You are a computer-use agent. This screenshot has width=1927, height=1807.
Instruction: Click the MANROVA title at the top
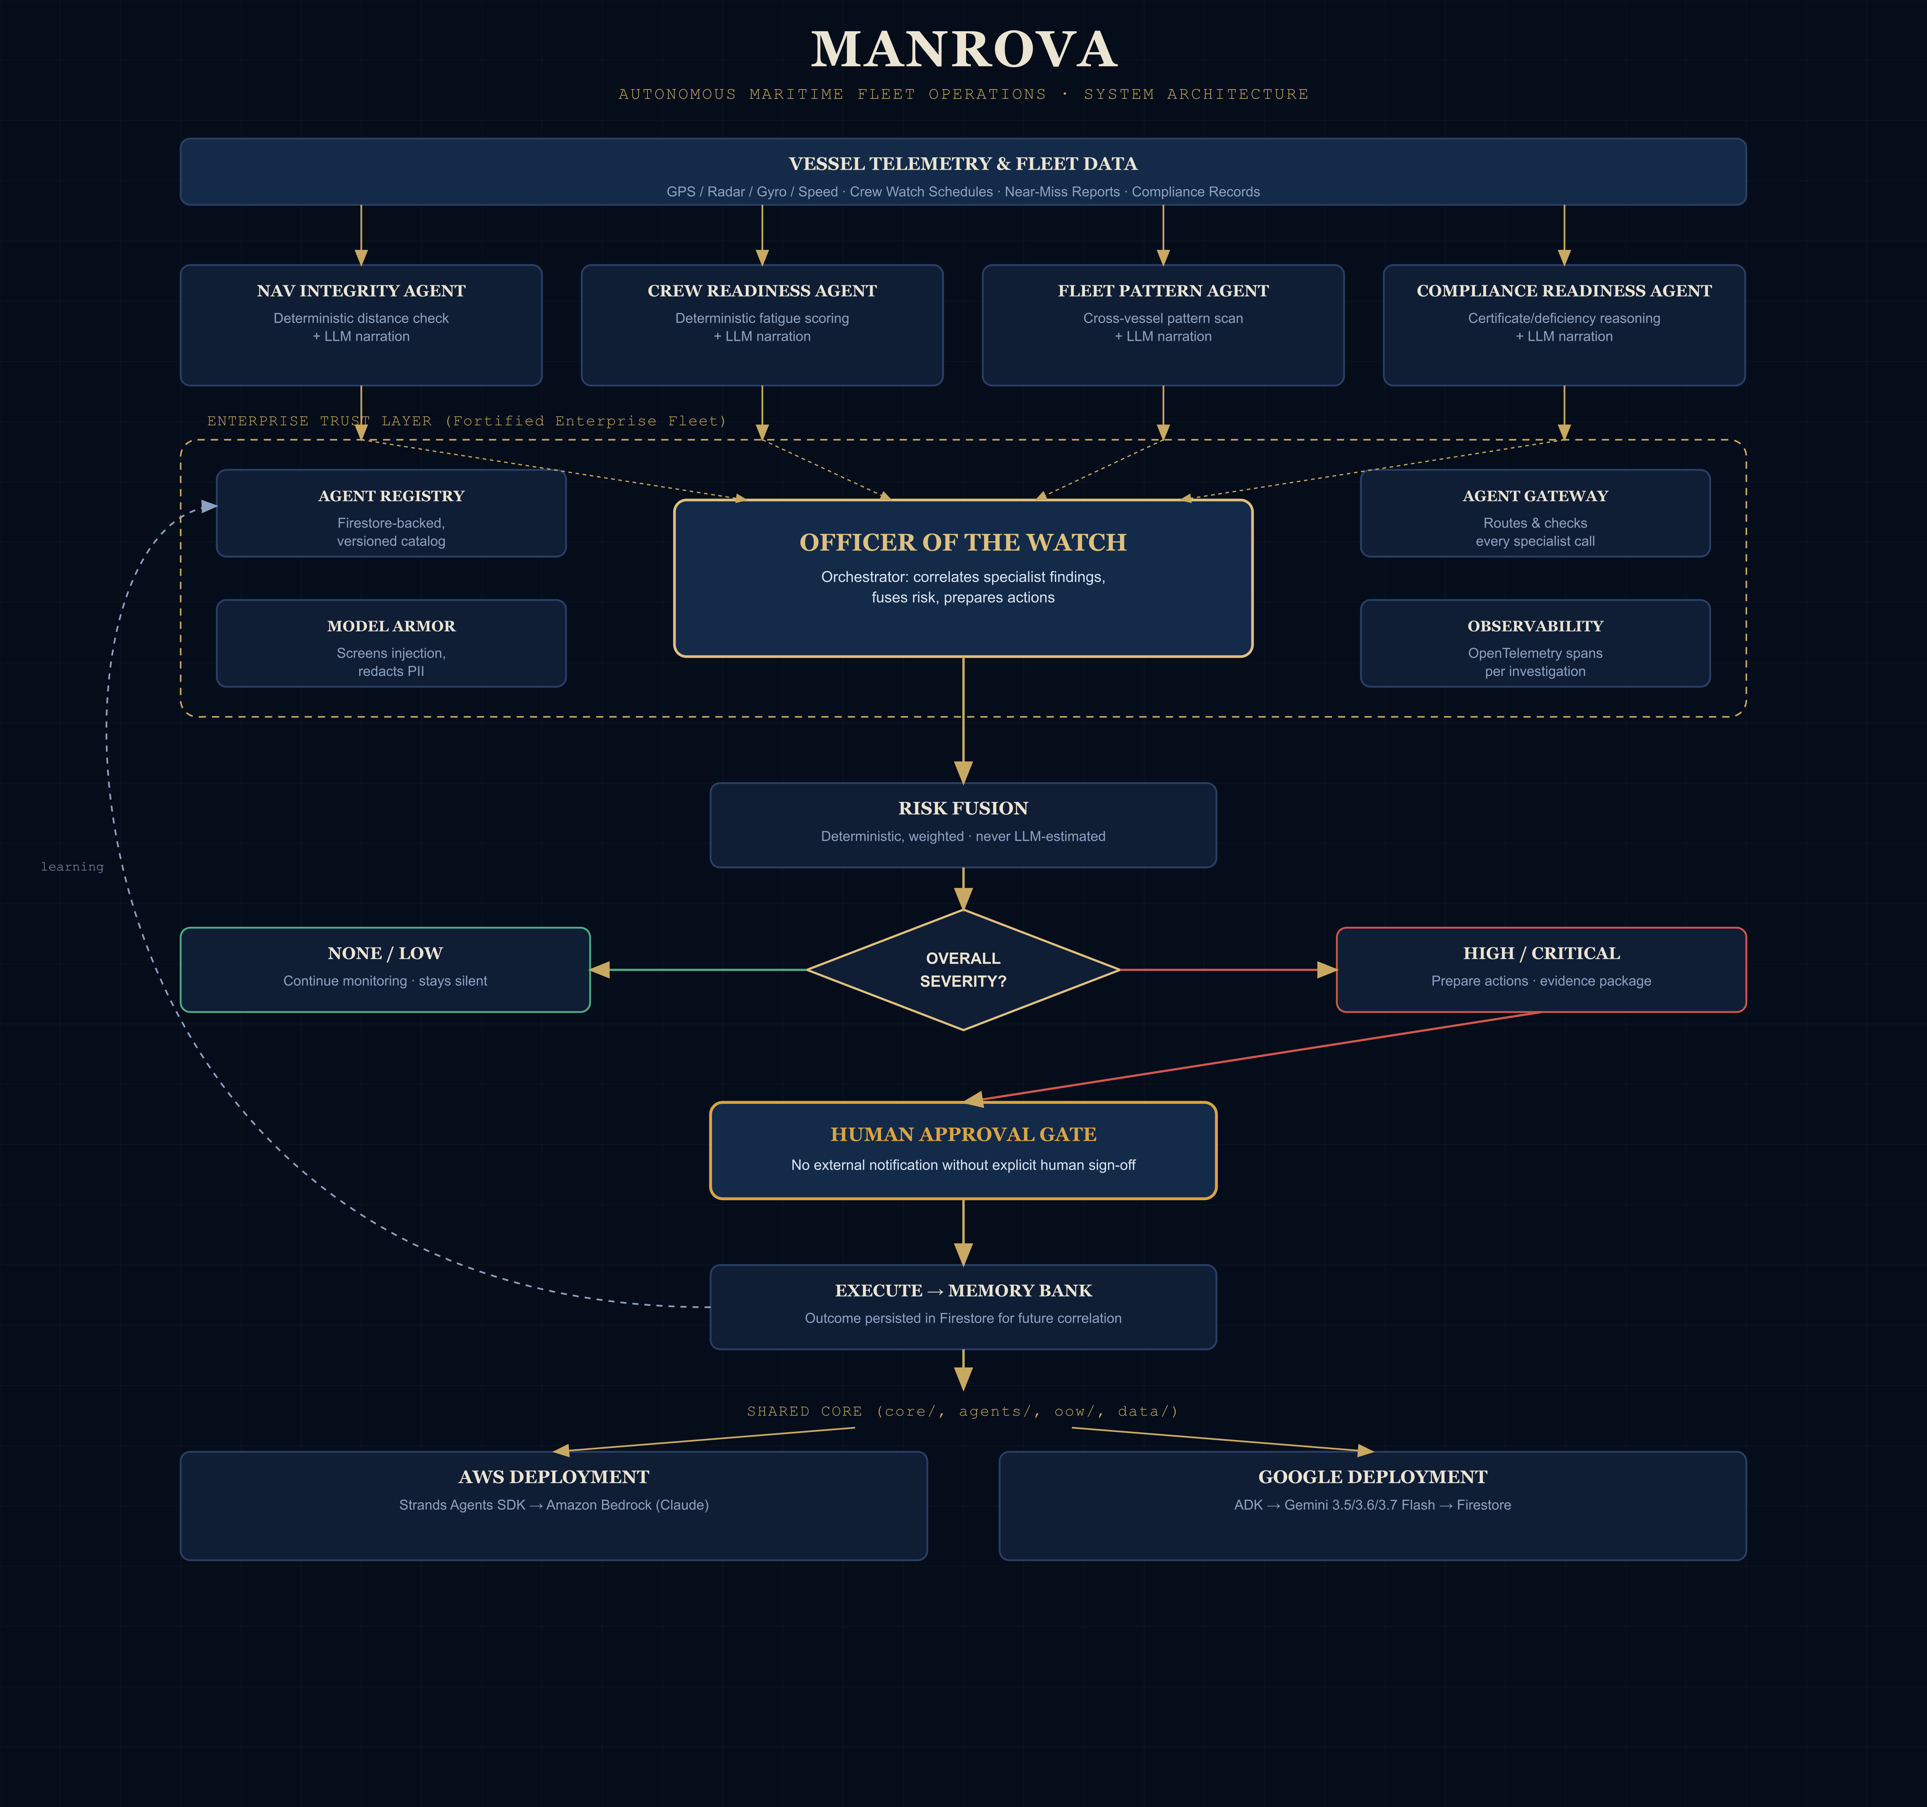point(963,49)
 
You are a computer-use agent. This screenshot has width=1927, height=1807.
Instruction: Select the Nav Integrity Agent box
point(361,325)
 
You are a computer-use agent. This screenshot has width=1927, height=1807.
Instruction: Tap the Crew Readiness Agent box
point(762,325)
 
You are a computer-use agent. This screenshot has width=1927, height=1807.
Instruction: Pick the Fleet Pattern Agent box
point(1163,325)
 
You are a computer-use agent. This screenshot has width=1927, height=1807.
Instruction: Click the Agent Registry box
point(391,513)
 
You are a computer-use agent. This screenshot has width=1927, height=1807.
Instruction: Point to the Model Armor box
point(391,643)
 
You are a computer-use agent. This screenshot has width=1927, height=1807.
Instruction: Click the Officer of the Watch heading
point(963,542)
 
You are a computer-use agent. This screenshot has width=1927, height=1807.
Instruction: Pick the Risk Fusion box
point(963,825)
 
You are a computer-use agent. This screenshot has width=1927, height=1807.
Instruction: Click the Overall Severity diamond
point(963,969)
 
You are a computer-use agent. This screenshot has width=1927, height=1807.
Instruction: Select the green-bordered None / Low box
point(385,969)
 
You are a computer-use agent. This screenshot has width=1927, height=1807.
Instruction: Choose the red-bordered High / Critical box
point(1541,969)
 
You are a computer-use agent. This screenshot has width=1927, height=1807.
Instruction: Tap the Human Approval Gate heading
point(963,1134)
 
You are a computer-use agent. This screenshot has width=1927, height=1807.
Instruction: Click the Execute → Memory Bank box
point(963,1307)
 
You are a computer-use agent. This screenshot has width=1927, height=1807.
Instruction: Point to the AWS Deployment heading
point(553,1477)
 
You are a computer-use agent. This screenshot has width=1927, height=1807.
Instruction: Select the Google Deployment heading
point(1372,1477)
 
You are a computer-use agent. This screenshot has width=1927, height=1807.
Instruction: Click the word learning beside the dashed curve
point(72,867)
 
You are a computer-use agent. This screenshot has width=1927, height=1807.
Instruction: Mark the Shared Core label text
point(962,1411)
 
